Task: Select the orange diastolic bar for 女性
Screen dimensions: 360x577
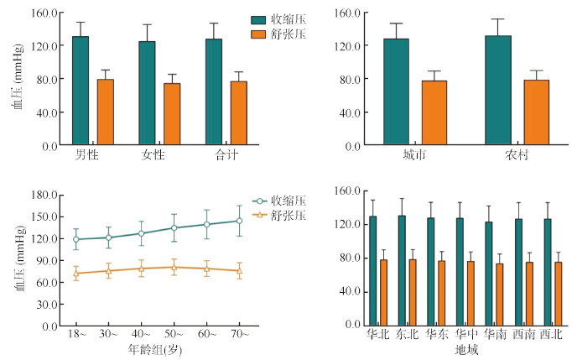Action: coord(172,114)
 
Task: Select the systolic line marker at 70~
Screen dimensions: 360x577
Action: coord(239,221)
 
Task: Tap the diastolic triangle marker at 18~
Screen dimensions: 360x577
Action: coord(76,274)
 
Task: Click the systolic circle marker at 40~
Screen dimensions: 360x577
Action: coord(142,233)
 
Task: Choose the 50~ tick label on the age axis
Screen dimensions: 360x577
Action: coord(174,335)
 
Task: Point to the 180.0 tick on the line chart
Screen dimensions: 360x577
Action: coord(45,195)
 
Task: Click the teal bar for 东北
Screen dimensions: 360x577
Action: coord(402,271)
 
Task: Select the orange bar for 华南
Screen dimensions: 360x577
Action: coord(499,295)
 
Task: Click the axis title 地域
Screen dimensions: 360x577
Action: coord(466,349)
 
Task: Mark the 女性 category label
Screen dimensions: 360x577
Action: coord(152,155)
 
